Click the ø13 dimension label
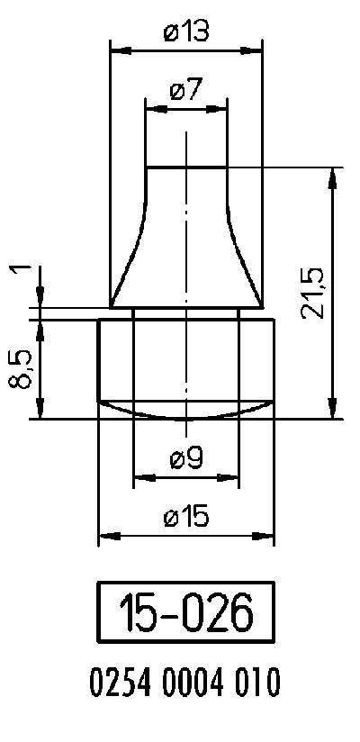[x=186, y=32]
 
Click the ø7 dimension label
[x=186, y=91]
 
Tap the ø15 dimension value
[x=186, y=517]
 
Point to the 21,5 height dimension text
[x=314, y=293]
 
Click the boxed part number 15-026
[x=185, y=614]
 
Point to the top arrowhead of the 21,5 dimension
[x=334, y=176]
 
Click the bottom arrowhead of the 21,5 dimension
[x=334, y=410]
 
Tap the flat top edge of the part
[x=185, y=167]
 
